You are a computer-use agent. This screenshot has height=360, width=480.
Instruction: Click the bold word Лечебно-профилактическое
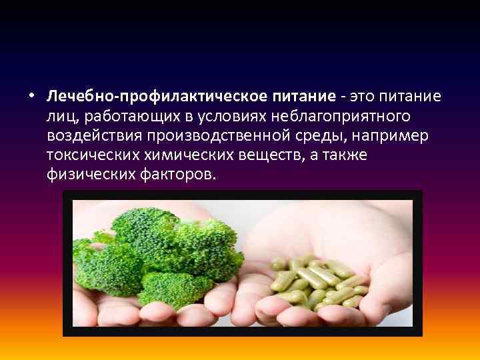pos(157,97)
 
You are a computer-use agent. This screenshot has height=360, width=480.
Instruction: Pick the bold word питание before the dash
pos(303,97)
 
